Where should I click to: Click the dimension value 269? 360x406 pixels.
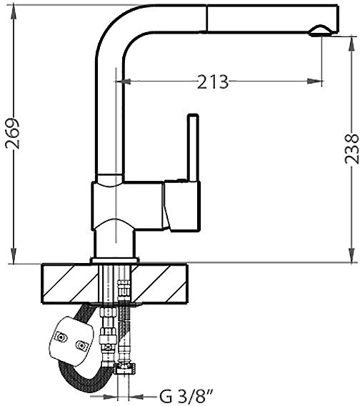[13, 134]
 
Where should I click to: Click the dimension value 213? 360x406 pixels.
[213, 81]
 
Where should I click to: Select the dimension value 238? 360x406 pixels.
[351, 149]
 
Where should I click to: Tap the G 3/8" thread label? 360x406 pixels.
[186, 396]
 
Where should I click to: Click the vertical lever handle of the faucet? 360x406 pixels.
[194, 148]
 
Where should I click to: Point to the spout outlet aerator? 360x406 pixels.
[321, 31]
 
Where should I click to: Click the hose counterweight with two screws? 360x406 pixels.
[71, 340]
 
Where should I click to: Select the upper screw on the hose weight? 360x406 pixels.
[61, 337]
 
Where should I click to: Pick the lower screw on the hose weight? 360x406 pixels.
[82, 346]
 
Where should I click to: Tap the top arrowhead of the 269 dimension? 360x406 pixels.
[14, 12]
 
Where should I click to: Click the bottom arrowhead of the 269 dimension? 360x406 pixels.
[14, 257]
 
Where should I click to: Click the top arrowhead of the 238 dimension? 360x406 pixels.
[351, 44]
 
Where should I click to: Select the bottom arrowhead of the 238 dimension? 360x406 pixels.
[351, 255]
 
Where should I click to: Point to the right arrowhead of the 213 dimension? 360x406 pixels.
[315, 81]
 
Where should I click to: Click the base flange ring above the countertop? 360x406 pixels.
[115, 260]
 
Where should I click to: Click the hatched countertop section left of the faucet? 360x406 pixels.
[70, 284]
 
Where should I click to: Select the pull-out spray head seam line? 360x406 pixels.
[207, 19]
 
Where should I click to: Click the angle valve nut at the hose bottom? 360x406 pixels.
[126, 368]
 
